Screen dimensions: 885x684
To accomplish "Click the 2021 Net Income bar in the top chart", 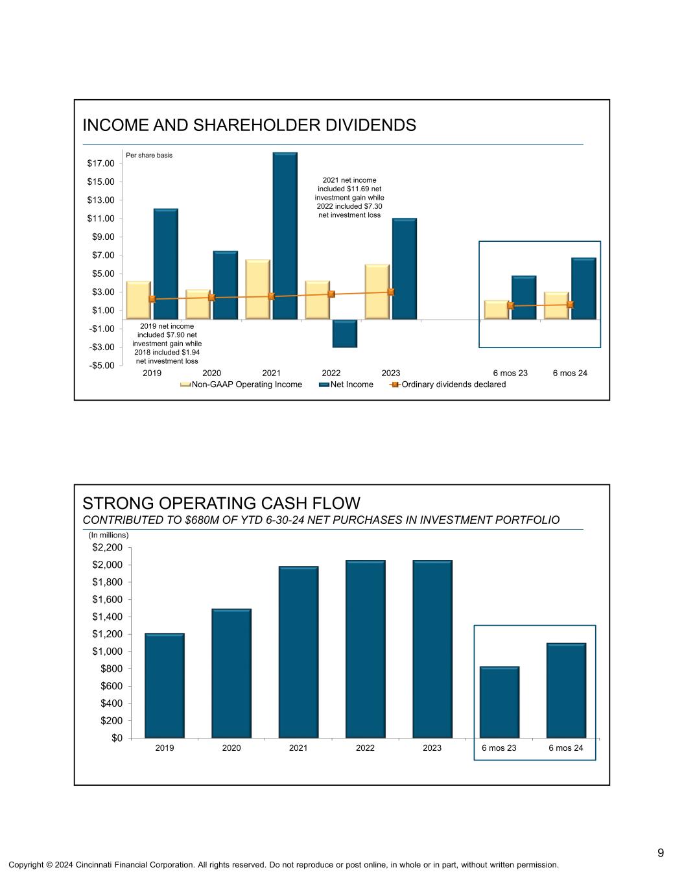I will click(x=285, y=236).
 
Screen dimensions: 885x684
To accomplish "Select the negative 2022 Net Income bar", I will click(x=344, y=334).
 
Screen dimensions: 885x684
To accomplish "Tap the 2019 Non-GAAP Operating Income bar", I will click(x=139, y=300).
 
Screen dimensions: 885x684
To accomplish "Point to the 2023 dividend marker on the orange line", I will click(x=391, y=292).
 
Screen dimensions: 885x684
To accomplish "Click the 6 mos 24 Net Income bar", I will click(x=584, y=289).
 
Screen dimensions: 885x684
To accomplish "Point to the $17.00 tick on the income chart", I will click(x=100, y=163).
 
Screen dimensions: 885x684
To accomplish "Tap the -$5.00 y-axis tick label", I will click(x=100, y=366).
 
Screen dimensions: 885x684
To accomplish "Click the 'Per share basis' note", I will click(x=149, y=156).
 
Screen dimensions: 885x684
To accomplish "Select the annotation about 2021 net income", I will click(x=349, y=197).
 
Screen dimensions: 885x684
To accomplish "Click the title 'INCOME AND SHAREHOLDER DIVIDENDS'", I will click(x=249, y=125).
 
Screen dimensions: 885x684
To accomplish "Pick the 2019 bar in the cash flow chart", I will click(x=165, y=685).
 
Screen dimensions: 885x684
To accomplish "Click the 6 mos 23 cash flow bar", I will click(x=499, y=702).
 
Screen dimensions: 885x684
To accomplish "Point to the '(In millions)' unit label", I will click(x=109, y=535).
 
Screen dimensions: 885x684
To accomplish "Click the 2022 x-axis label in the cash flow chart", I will click(x=366, y=748).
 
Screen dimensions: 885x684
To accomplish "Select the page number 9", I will click(x=660, y=853).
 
